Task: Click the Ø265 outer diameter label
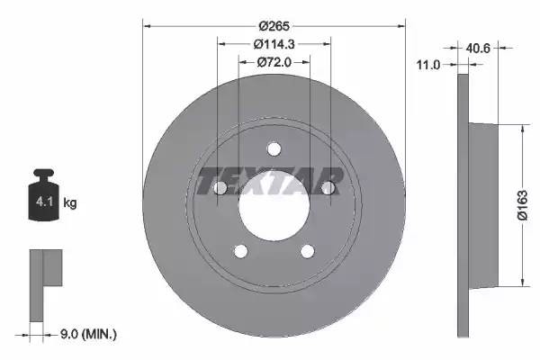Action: pyautogui.click(x=274, y=26)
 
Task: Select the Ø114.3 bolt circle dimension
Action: pyautogui.click(x=274, y=44)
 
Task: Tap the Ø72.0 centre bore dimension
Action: pyautogui.click(x=274, y=62)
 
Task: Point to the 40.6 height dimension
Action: pyautogui.click(x=478, y=48)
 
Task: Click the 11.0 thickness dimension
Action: pyautogui.click(x=428, y=65)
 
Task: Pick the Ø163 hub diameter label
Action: pyautogui.click(x=522, y=205)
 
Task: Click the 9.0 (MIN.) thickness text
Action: pyautogui.click(x=88, y=334)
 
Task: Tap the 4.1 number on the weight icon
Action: pyautogui.click(x=44, y=202)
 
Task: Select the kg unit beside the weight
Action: pyautogui.click(x=70, y=202)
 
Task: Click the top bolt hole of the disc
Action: pyautogui.click(x=274, y=149)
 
